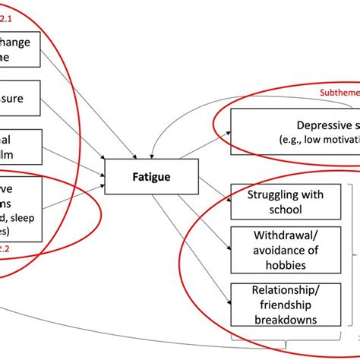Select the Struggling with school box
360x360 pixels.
coord(275,201)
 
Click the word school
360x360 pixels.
coord(275,209)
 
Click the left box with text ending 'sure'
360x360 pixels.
coord(23,98)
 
